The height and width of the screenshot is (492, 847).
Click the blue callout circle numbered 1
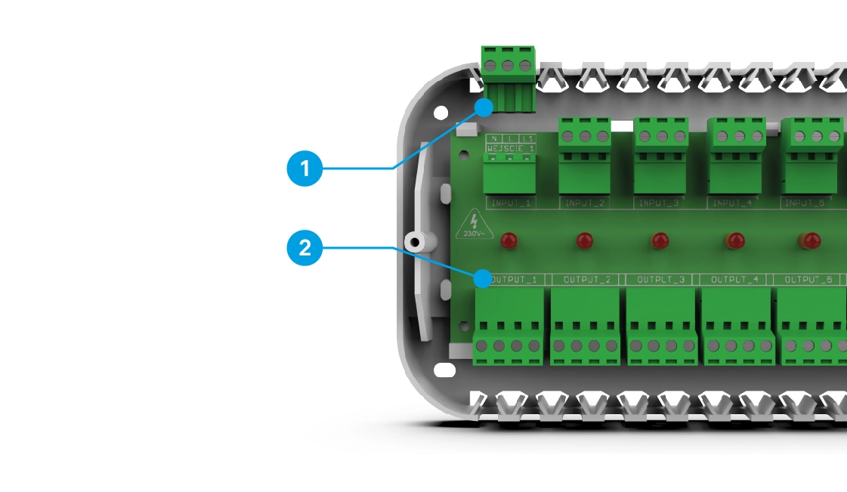(305, 169)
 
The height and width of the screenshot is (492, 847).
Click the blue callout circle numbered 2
(305, 249)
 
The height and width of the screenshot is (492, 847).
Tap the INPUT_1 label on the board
(512, 203)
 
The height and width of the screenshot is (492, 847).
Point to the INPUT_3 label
(660, 203)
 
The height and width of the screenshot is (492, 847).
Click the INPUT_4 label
(732, 203)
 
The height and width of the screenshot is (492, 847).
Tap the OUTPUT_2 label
(586, 280)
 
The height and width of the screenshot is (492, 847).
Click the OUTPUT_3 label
(660, 280)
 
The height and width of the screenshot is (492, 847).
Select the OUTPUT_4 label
(734, 280)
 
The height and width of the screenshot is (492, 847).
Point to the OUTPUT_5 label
(808, 280)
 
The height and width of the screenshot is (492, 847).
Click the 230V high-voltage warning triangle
(474, 224)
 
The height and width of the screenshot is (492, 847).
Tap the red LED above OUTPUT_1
(510, 241)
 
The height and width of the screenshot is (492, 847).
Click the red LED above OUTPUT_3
(660, 241)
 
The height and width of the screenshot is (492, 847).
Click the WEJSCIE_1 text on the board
(511, 149)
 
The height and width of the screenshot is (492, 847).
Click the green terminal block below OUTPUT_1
(509, 325)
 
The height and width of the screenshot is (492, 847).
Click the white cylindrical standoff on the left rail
(414, 242)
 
